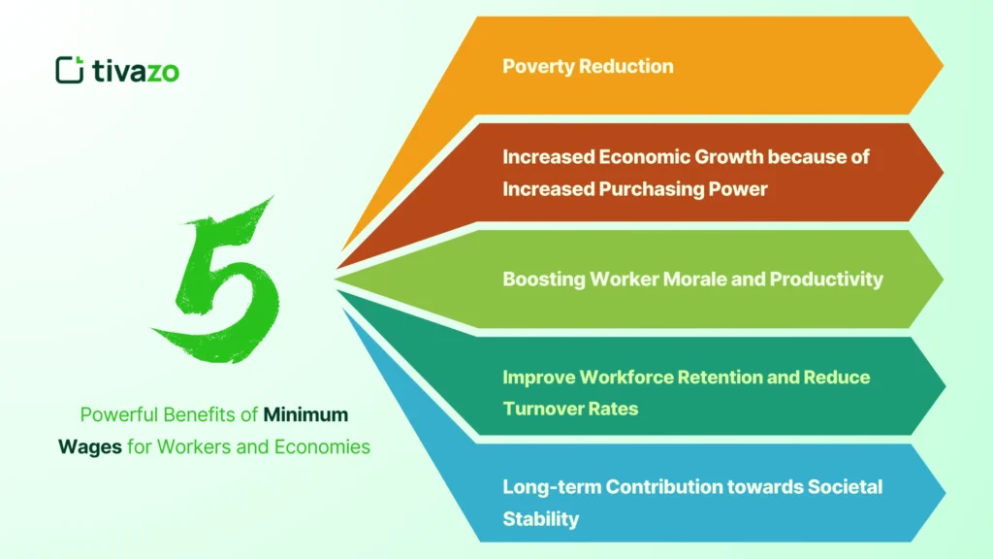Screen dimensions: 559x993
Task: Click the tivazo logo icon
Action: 69,70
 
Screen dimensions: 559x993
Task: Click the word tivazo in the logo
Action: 136,70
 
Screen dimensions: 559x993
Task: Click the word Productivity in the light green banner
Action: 826,279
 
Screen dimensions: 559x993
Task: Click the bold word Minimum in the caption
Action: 305,415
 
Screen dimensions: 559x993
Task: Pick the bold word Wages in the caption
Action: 102,447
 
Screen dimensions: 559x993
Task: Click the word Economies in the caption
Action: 322,447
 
